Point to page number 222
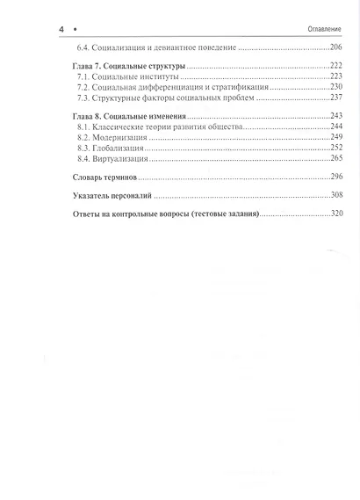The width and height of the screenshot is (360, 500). click(333, 68)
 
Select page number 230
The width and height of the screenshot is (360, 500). click(333, 89)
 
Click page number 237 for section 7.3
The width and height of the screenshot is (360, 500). click(333, 99)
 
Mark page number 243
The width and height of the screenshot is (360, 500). click(333, 116)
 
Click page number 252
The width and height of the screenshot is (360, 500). click(333, 148)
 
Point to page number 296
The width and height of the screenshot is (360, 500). click(333, 177)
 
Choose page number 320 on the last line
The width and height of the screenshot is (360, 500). click(333, 214)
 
